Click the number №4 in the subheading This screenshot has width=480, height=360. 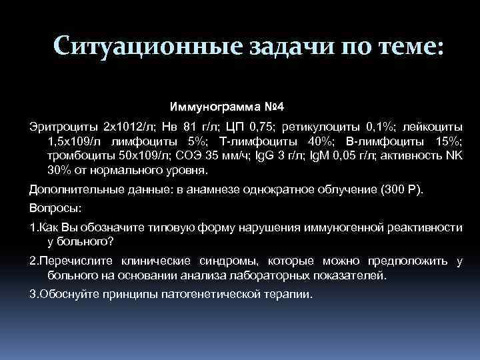271,107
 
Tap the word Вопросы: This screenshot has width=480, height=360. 55,207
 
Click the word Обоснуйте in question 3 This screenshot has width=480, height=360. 66,293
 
